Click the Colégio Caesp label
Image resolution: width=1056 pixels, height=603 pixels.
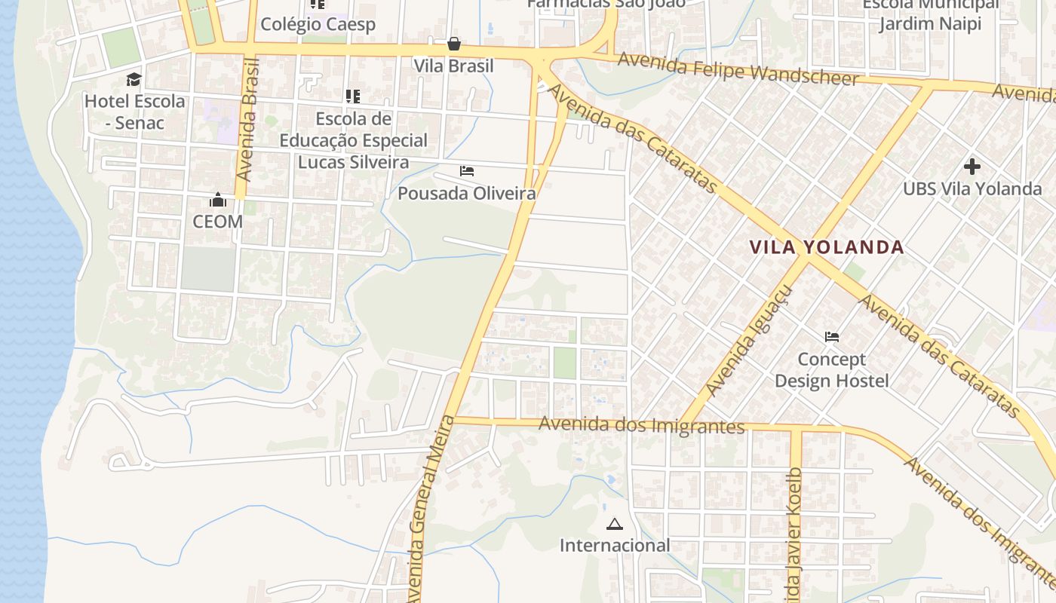pos(318,24)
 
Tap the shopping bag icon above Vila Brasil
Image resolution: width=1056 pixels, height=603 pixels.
pos(454,44)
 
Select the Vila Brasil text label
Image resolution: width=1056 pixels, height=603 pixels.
pos(453,66)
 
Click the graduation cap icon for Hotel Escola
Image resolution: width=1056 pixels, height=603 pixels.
pos(134,79)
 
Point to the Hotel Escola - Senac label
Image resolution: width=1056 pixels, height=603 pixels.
pos(134,112)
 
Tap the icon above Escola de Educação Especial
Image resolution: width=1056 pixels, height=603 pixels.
pos(353,96)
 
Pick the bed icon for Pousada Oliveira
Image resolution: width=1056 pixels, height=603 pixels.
pos(467,171)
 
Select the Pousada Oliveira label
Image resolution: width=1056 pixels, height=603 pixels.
pos(467,194)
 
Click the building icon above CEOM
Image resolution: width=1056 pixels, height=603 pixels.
pos(218,200)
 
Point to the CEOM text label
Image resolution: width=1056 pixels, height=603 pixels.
pos(218,222)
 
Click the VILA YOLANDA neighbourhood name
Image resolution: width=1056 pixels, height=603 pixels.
pos(827,247)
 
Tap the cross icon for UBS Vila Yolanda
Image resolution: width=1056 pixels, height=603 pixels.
pos(972,166)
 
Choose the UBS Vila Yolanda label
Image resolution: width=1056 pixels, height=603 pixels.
pos(972,188)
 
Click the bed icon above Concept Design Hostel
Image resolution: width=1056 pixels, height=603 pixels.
pos(832,337)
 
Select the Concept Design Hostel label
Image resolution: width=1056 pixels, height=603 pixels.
pos(832,370)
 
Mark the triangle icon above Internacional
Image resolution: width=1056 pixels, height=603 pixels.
pos(615,524)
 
